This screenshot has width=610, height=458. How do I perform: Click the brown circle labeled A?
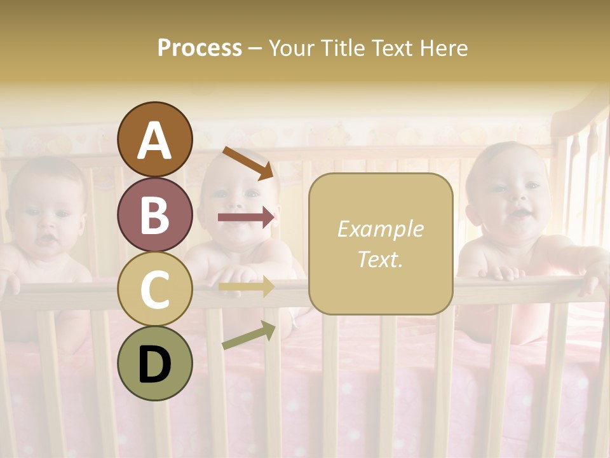(x=154, y=139)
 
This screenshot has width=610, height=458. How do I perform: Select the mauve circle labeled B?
(x=154, y=214)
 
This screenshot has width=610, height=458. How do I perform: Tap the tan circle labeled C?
(x=154, y=289)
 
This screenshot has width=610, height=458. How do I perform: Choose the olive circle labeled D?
(x=154, y=364)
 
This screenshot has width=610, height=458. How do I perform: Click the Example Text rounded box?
(x=380, y=244)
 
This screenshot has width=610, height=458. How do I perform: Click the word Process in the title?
(x=200, y=48)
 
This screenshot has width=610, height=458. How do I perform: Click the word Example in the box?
(x=380, y=229)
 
